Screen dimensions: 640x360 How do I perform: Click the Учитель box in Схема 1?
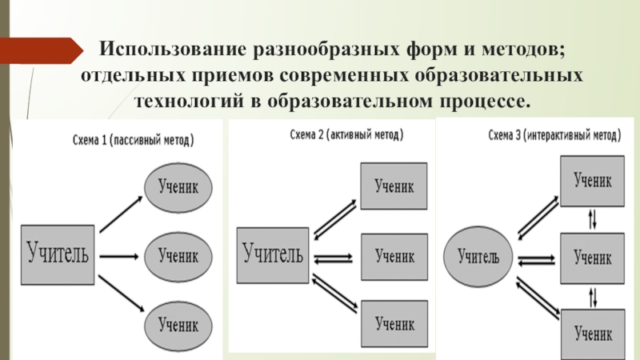pos(58,255)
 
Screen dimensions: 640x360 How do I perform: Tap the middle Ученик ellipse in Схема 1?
pos(179,256)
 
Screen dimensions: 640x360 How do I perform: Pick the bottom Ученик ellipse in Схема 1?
pos(179,324)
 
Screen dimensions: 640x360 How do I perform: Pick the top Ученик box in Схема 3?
pos(593,182)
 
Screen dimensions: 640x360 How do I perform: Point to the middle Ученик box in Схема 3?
pos(593,258)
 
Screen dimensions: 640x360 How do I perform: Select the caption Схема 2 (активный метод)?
pos(346,135)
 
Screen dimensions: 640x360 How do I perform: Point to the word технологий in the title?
pos(179,102)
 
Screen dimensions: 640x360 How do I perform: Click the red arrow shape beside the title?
pos(40,52)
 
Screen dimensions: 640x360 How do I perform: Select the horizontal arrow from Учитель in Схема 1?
pos(118,256)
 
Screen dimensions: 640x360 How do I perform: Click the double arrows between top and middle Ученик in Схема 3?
pos(592,218)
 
